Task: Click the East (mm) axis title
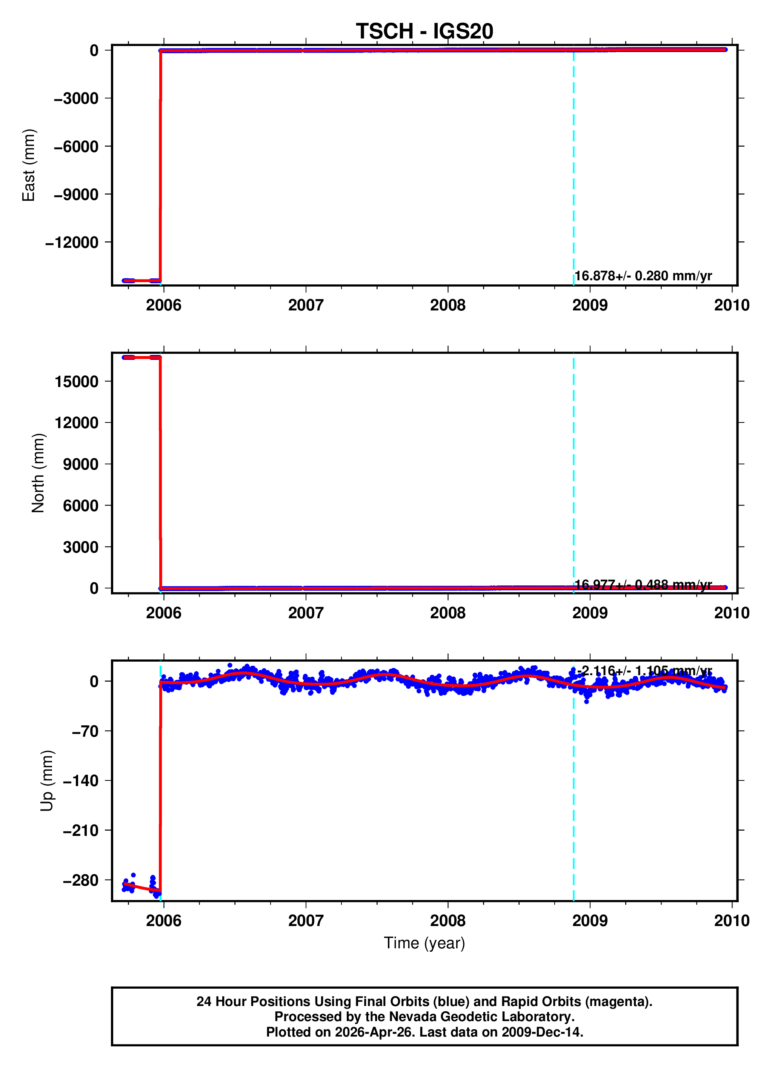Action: click(x=29, y=165)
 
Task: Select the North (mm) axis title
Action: click(x=38, y=473)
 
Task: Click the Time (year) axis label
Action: click(x=424, y=943)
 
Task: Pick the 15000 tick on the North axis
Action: click(x=76, y=381)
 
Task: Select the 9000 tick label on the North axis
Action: click(x=81, y=464)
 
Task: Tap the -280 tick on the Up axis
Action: click(x=81, y=880)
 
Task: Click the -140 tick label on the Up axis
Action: click(x=81, y=780)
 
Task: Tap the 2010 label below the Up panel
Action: click(x=732, y=920)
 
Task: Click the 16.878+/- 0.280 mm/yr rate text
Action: click(x=643, y=276)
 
